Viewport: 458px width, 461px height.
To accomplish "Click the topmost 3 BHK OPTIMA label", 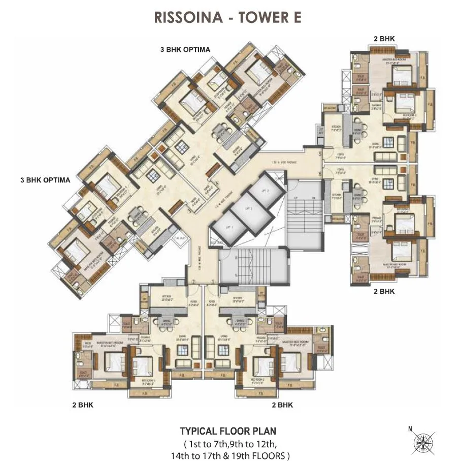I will (x=185, y=49).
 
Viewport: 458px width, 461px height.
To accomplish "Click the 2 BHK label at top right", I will (x=384, y=38).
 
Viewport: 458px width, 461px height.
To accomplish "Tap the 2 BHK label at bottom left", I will (x=82, y=405).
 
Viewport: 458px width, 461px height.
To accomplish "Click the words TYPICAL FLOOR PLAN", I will (x=228, y=431).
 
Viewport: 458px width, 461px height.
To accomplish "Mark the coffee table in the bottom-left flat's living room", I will (x=181, y=350).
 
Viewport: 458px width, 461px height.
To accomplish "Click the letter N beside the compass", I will (x=410, y=429).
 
